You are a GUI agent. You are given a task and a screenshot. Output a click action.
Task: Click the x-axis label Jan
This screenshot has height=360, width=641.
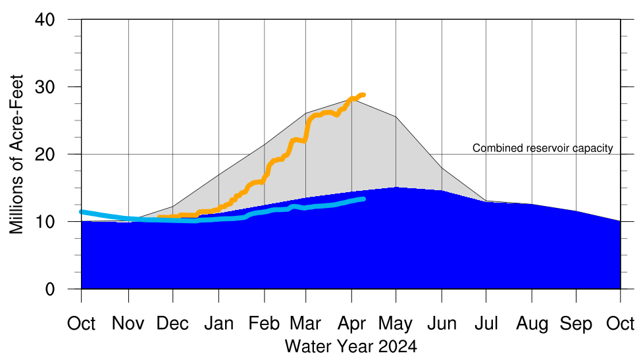[x=218, y=324]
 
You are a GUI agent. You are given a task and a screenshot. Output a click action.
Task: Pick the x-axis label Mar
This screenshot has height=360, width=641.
[x=306, y=324]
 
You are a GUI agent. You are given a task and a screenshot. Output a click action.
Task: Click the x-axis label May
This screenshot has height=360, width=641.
[x=396, y=324]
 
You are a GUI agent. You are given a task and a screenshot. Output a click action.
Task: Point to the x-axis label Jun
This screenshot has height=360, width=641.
[x=442, y=324]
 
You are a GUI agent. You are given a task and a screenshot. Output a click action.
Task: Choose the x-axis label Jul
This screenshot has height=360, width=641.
[x=486, y=324]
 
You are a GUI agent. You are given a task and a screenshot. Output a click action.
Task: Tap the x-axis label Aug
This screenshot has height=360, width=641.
[x=531, y=324]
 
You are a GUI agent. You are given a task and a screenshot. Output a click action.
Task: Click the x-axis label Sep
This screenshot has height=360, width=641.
[x=577, y=324]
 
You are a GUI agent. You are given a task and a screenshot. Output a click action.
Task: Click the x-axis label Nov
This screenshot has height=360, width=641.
[x=128, y=324]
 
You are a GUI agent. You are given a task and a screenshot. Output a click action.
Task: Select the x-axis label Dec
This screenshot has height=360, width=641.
[x=173, y=324]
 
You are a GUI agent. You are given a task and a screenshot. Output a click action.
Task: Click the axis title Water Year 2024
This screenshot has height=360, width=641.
[x=351, y=346]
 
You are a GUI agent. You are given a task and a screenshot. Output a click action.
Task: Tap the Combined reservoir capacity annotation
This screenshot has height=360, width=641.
[x=543, y=148]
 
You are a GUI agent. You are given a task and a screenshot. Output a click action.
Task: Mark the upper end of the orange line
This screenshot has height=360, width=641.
[x=363, y=95]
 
